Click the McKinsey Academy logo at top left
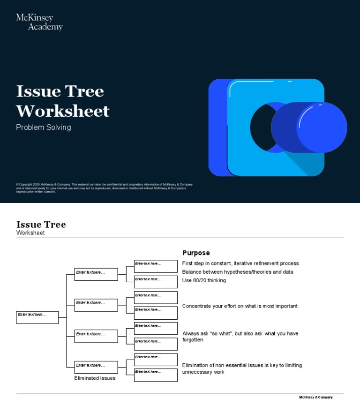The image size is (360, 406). pos(39,22)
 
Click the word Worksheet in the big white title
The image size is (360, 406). pos(63,111)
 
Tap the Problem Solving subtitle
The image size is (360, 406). pos(44,128)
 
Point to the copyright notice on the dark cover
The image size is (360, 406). pos(104,188)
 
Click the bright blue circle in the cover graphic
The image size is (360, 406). pos(322,128)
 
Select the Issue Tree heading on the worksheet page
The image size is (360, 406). pos(41,225)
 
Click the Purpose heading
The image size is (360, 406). pos(196,253)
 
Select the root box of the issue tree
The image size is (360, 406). pos(37,317)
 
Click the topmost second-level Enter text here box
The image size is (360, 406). pos(96,274)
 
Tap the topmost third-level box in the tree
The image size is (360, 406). pos(156,266)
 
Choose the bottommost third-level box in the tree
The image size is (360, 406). pos(156,375)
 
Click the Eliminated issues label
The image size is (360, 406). pos(95,378)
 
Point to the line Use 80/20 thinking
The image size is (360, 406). pos(204,281)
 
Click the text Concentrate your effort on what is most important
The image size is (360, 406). pos(240,306)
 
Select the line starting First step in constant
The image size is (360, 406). pos(240,263)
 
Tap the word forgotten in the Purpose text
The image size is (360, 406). pos(193,340)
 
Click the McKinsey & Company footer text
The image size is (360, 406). pos(316,398)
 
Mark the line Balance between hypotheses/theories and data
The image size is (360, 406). pos(238,272)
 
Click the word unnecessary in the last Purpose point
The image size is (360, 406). pos(197,372)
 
